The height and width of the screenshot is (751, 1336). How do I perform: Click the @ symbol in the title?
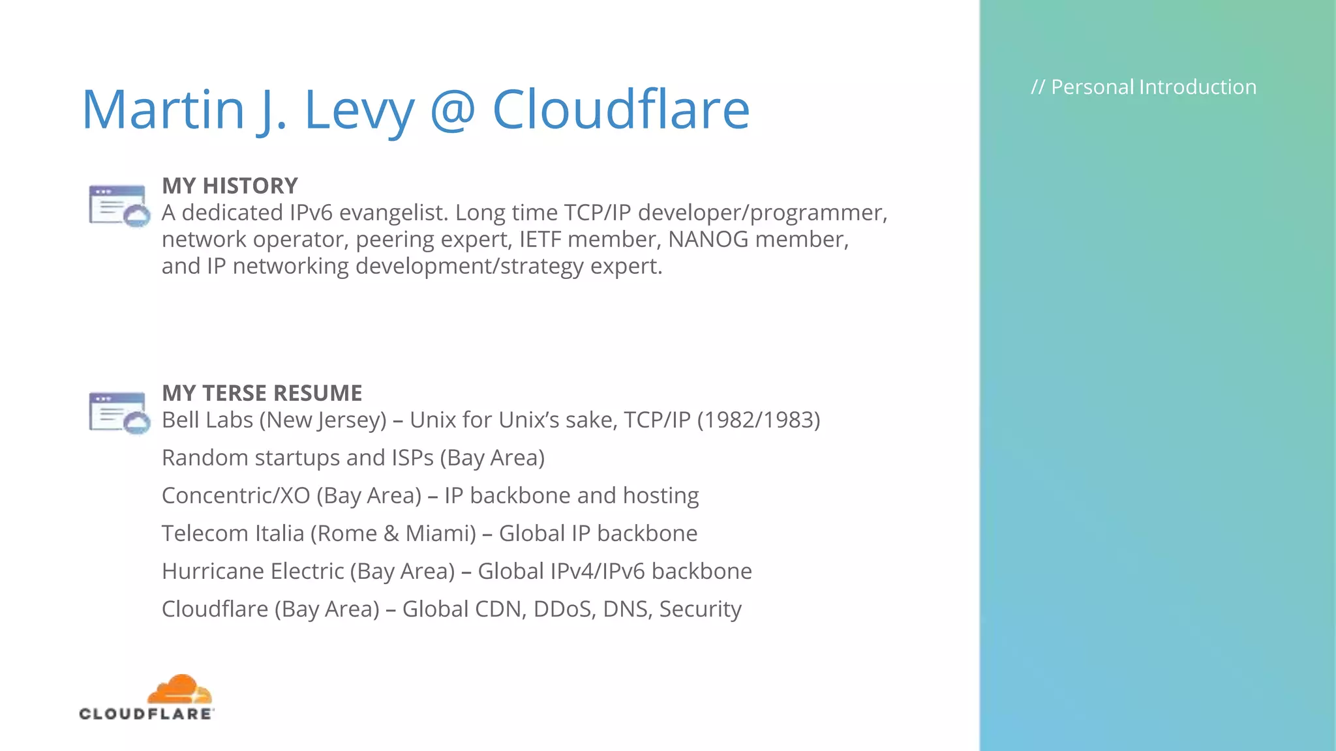pos(453,110)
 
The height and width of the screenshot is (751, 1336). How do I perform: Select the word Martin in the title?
pos(163,110)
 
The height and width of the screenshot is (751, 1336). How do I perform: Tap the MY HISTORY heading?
pos(230,186)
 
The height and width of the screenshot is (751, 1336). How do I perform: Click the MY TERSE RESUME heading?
pos(262,393)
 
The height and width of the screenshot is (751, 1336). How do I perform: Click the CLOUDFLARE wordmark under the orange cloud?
pos(146,714)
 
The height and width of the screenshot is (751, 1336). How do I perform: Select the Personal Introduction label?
pos(1144,87)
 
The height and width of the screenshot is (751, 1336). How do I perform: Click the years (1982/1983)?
pos(758,420)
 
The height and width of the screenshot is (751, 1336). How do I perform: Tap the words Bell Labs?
pos(207,420)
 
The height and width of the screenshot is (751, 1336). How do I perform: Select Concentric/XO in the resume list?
pos(236,495)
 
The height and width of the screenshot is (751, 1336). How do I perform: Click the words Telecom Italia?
pos(233,533)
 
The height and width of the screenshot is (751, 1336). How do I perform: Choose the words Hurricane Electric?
pos(253,571)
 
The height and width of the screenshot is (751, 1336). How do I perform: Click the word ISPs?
pos(413,458)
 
